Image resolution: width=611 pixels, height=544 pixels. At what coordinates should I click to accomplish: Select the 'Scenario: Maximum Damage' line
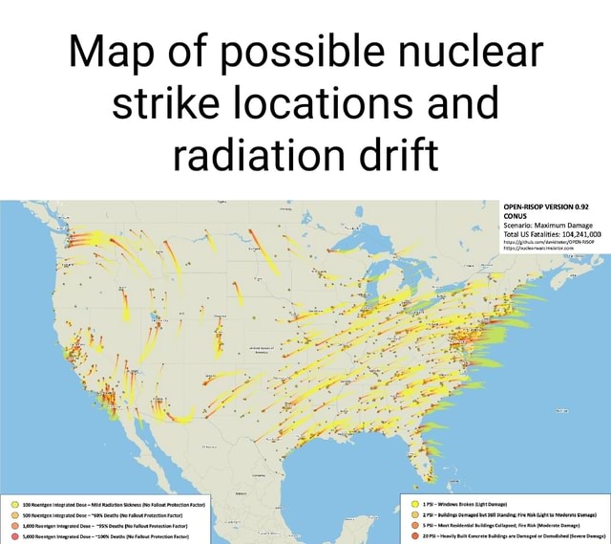(x=540, y=223)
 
